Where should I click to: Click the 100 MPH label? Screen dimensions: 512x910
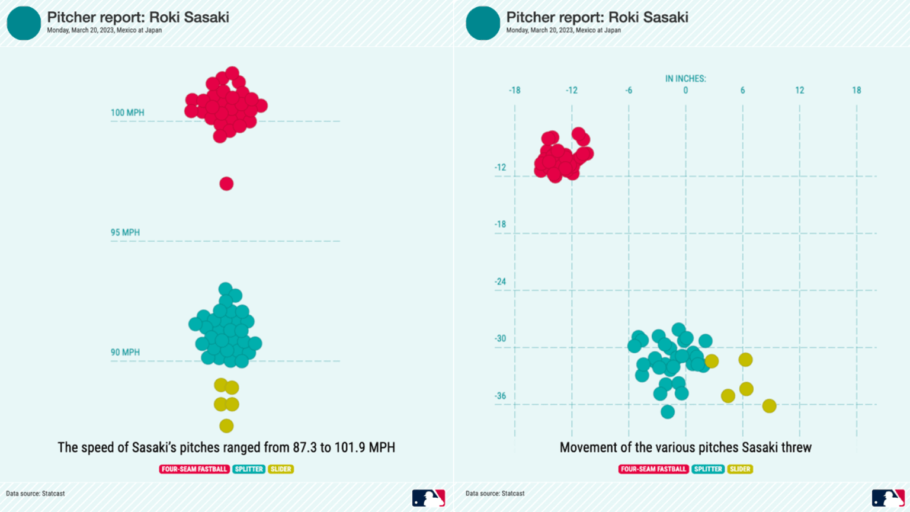point(127,113)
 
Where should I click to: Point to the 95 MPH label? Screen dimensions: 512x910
point(125,232)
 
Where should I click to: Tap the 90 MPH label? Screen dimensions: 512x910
point(125,352)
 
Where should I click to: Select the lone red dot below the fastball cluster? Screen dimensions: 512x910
point(226,184)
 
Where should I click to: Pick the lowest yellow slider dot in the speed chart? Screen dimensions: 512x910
point(226,425)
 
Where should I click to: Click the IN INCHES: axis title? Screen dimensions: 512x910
point(685,79)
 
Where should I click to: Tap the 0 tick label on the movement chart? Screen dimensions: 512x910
point(685,91)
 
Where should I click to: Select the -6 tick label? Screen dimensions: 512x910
point(628,91)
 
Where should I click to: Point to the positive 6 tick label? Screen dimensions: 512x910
point(742,91)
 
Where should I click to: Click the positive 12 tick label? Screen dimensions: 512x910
point(799,91)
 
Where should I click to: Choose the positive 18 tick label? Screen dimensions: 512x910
point(856,91)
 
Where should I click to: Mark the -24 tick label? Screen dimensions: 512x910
point(501,281)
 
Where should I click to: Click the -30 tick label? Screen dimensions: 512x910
point(501,339)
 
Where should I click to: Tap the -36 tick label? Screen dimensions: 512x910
point(501,396)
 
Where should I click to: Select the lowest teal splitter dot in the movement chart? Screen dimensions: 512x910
point(668,411)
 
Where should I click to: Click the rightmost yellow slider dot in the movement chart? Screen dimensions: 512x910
point(769,406)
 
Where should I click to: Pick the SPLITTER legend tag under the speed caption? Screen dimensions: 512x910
point(249,469)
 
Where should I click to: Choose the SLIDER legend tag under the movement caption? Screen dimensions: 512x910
point(740,469)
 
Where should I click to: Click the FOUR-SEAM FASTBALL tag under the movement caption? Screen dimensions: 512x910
point(653,469)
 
